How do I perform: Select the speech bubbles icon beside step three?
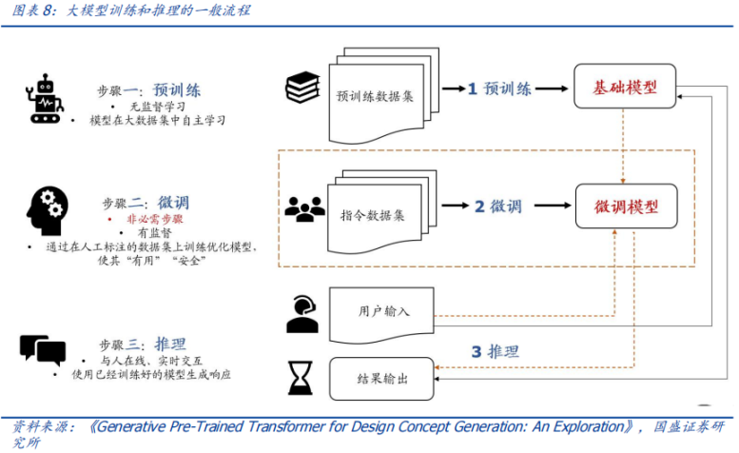42,350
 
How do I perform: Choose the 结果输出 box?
382,379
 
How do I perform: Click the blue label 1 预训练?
498,89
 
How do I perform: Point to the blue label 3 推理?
496,352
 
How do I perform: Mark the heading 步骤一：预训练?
150,91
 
